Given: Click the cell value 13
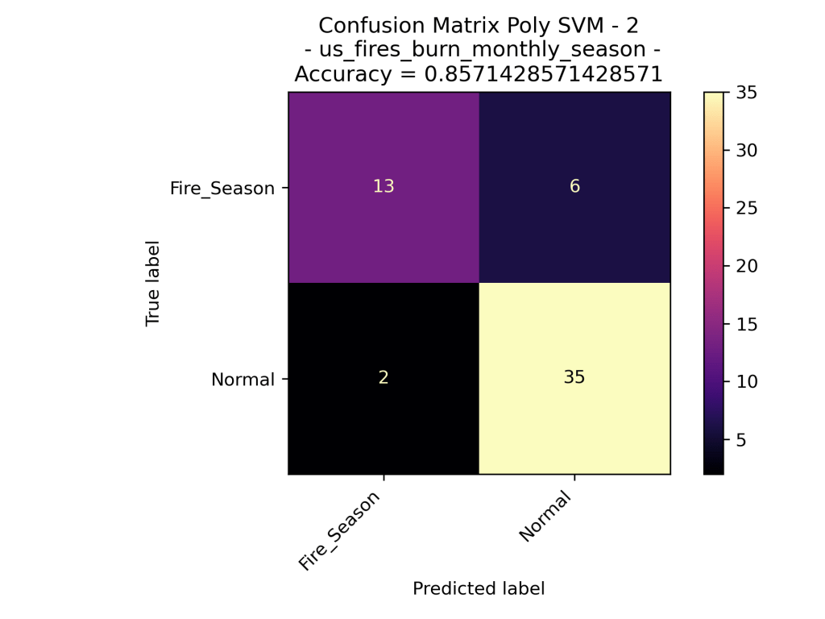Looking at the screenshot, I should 383,187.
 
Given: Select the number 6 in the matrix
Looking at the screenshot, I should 574,187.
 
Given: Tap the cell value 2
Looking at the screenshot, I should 383,378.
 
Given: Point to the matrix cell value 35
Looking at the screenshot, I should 574,378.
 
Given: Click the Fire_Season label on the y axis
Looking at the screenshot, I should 222,189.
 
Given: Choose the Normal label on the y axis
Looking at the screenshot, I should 243,379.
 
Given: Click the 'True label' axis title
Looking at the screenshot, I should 152,283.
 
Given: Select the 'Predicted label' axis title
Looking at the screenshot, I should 479,589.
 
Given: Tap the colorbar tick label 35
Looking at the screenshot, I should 743,93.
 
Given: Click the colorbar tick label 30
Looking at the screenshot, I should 743,151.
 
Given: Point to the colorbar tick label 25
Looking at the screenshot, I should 743,209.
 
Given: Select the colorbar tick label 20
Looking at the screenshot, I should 743,267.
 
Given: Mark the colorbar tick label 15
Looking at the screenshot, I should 743,325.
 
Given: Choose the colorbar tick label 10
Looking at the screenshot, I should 743,382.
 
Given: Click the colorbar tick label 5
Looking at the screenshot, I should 738,440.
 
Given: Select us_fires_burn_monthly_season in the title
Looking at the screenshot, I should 479,50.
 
